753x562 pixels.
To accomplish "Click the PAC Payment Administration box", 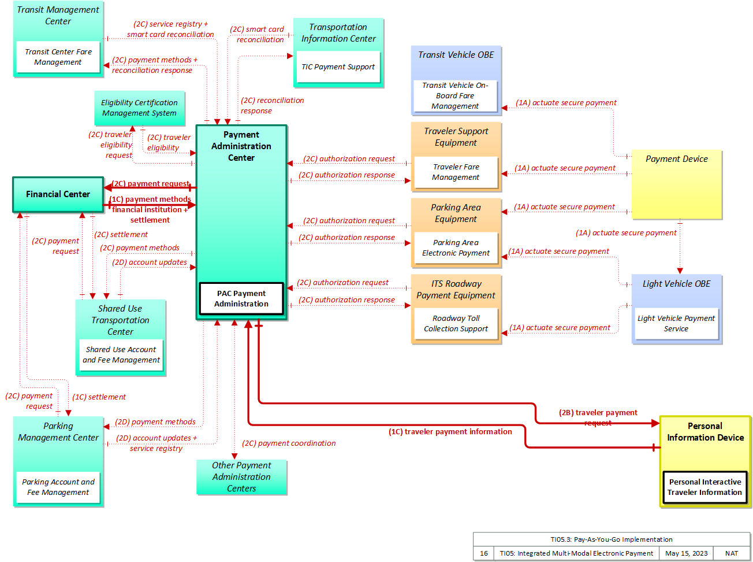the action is (x=241, y=298).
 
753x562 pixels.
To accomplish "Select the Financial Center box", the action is (x=58, y=194).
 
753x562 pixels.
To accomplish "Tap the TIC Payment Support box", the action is (x=338, y=66).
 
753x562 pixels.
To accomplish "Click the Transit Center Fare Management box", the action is (x=58, y=57).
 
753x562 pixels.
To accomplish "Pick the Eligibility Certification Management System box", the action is (x=139, y=108).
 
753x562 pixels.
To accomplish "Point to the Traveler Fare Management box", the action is (x=456, y=172).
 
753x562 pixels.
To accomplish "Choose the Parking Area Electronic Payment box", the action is (x=456, y=247).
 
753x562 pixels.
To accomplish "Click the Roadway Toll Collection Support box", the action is (x=456, y=323).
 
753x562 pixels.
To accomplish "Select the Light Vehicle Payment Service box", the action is (x=676, y=323).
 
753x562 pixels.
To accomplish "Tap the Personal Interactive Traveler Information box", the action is (x=704, y=487).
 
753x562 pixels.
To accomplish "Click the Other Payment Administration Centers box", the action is (x=241, y=477).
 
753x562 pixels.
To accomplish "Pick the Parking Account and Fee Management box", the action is (x=58, y=487).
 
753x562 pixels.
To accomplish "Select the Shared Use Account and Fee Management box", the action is (x=121, y=354).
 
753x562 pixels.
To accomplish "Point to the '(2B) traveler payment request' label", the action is (x=598, y=417).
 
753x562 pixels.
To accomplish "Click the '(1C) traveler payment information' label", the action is (x=450, y=431).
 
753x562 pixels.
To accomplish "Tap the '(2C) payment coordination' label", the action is (x=289, y=443).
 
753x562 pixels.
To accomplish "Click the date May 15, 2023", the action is (x=686, y=553).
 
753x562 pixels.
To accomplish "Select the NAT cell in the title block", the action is (x=732, y=553).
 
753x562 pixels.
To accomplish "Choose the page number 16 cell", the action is (x=484, y=553).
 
